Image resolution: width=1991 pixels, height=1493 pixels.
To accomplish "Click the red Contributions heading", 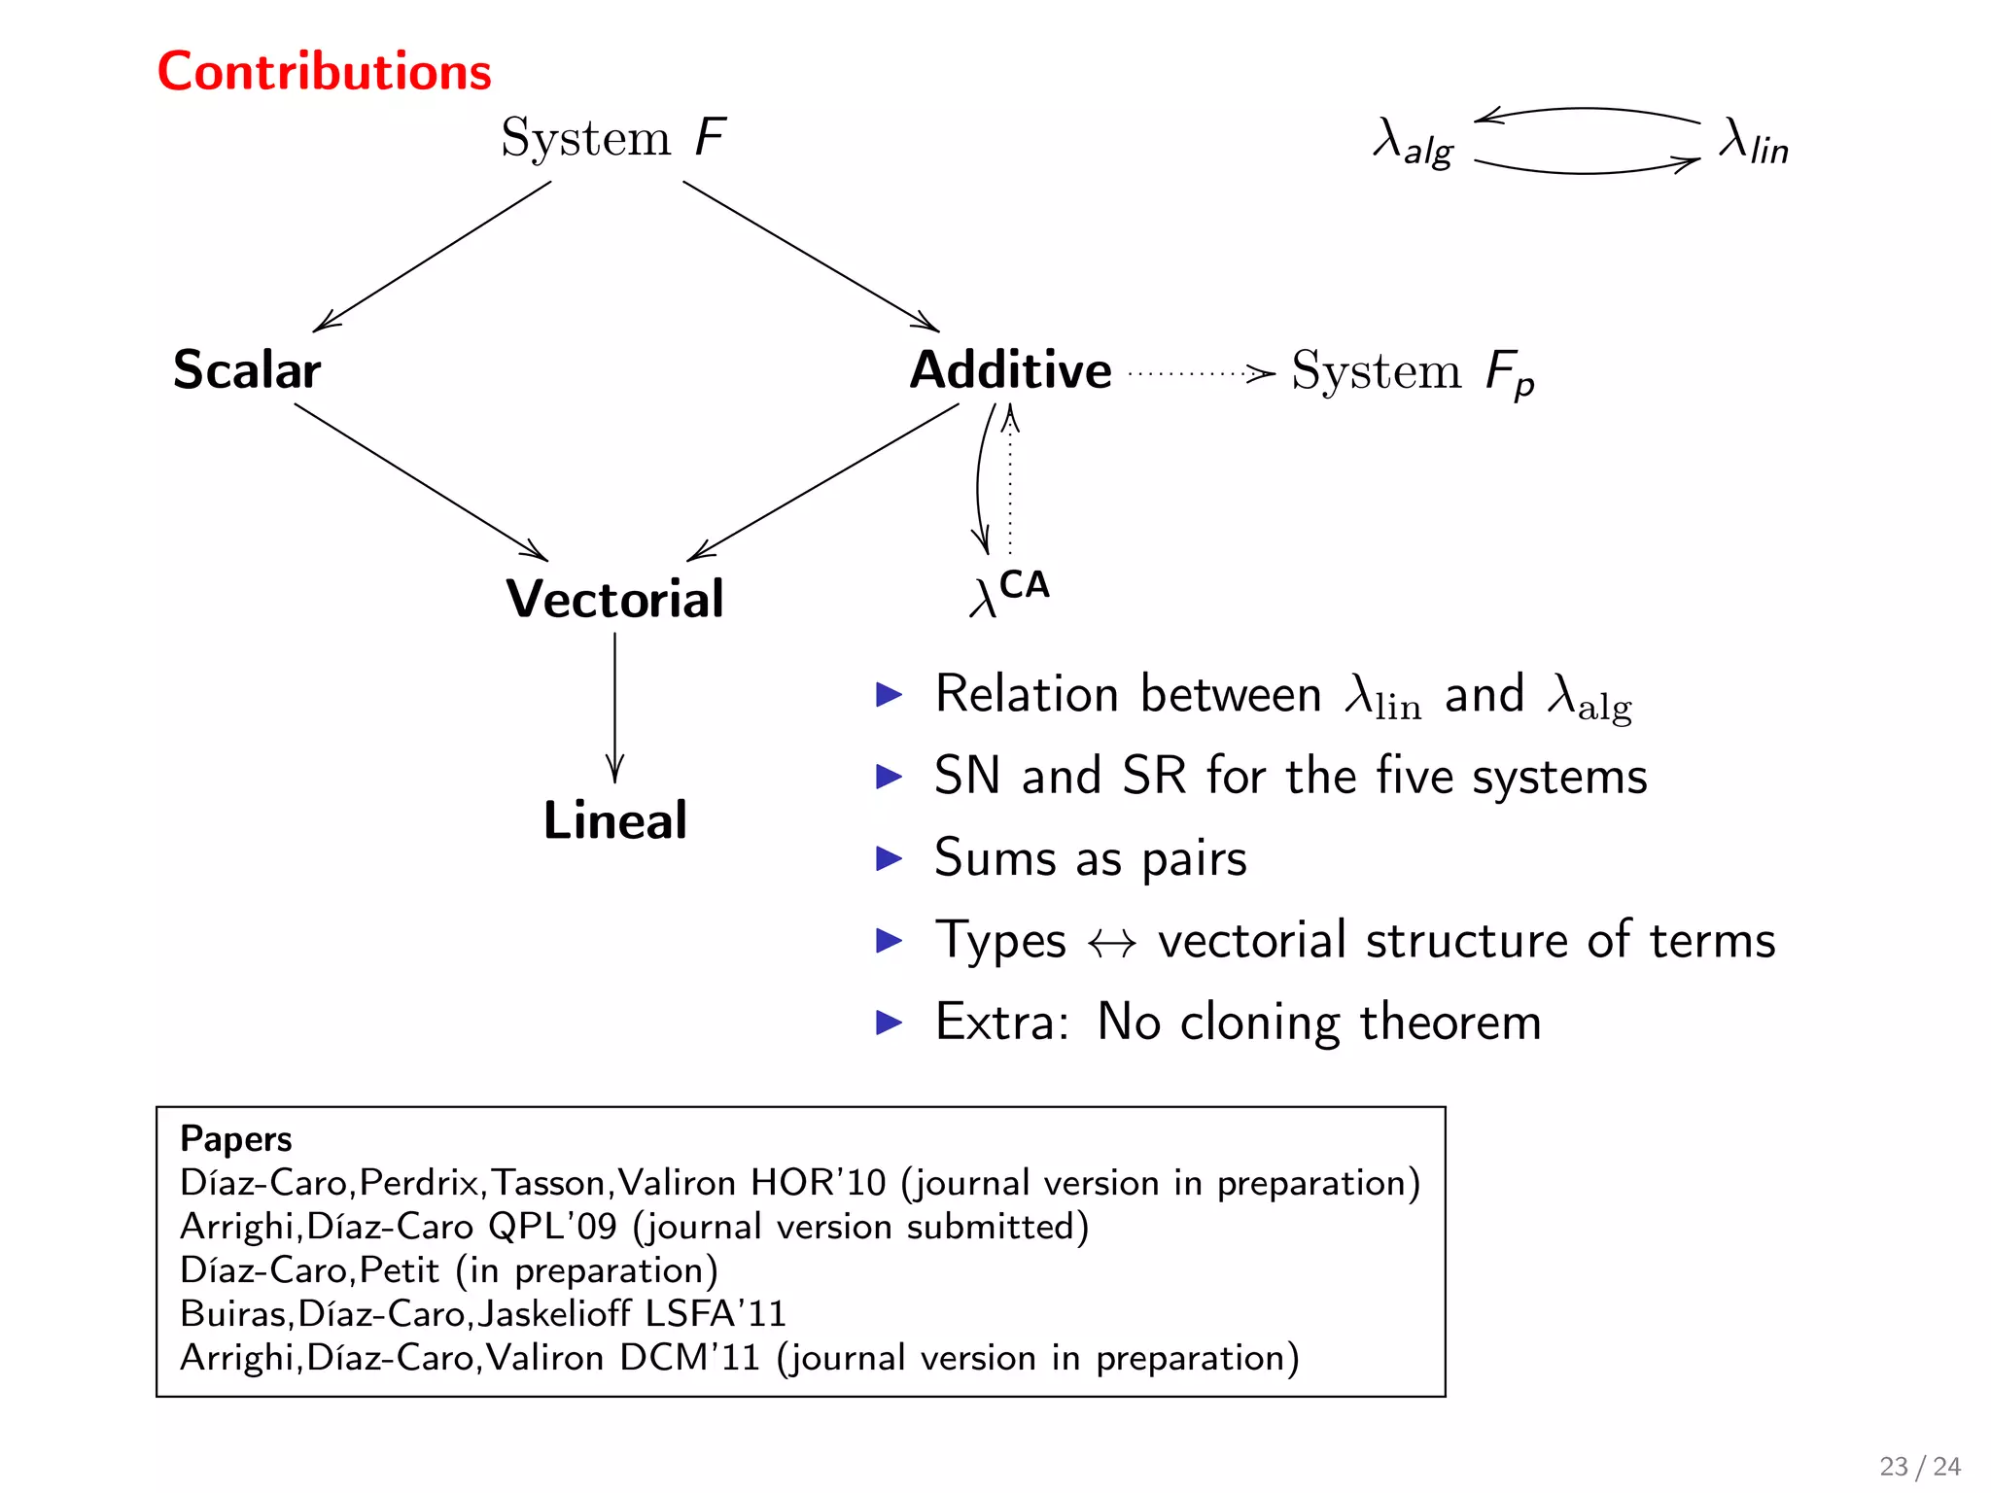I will tap(324, 72).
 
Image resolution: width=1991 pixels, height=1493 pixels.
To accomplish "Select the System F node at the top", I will tap(612, 138).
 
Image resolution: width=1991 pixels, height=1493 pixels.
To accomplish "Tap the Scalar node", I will tap(247, 370).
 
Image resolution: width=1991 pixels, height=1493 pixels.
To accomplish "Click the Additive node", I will tap(1010, 370).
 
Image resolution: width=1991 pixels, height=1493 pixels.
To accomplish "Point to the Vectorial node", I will tap(614, 599).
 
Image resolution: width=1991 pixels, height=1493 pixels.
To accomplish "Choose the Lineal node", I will tap(614, 820).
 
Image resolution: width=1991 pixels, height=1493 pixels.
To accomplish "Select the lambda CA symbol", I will tap(1009, 593).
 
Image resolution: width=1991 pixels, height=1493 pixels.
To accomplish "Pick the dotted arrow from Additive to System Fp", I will tap(1202, 372).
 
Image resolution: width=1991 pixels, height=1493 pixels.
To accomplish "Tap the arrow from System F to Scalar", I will tap(433, 257).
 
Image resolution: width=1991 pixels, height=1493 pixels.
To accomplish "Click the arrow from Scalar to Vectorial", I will tap(421, 482).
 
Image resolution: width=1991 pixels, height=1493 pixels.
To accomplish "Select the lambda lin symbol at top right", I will tap(1753, 142).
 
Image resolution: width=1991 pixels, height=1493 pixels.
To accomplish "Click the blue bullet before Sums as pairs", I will tap(889, 858).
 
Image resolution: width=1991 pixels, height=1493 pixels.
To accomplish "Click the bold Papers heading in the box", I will tap(236, 1139).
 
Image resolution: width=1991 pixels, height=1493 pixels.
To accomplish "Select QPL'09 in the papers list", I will tap(552, 1227).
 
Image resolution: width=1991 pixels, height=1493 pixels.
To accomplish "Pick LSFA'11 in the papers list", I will tap(716, 1314).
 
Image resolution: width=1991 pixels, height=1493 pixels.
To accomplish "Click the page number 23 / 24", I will tap(1919, 1466).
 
